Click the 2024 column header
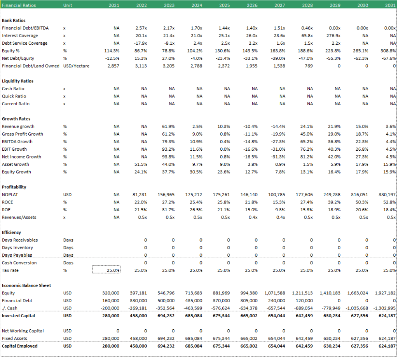197,5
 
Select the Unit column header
68,5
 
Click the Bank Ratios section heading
14,21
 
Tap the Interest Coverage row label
20,36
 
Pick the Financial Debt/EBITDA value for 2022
141,28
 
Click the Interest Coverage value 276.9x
333,36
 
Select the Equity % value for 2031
388,51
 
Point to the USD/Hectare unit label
76,66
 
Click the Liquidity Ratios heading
17,81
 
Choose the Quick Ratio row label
14,96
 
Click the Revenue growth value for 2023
168,127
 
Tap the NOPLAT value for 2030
360,195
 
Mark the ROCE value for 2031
389,202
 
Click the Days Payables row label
17,255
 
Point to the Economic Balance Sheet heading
26,286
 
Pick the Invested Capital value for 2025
221,316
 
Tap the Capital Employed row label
19,346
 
